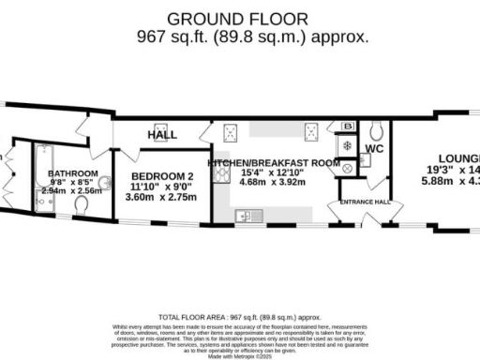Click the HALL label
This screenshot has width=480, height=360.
[162, 135]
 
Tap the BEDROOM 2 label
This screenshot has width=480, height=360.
[162, 176]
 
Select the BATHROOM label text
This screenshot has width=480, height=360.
[73, 173]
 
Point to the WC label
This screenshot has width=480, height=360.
[374, 149]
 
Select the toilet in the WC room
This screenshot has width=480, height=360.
[376, 129]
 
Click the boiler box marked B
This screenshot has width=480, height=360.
[349, 127]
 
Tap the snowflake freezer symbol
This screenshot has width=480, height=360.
[348, 146]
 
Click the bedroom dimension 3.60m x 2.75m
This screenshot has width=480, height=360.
[162, 198]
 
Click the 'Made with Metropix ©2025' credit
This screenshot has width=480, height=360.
[240, 354]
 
